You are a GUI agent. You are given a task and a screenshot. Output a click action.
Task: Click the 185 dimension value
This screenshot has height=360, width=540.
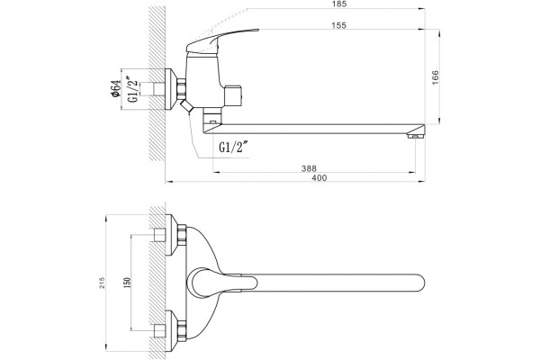click(339, 4)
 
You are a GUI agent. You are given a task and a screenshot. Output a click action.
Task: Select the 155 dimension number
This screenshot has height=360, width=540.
click(339, 25)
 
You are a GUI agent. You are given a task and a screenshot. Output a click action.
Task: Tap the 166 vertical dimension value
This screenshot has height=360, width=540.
click(436, 77)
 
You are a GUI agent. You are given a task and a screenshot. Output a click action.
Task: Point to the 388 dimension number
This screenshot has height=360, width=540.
click(309, 168)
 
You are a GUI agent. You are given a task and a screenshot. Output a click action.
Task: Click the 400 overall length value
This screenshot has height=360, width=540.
click(319, 178)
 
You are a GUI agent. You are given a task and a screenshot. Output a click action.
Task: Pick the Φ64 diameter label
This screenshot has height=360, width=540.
click(116, 88)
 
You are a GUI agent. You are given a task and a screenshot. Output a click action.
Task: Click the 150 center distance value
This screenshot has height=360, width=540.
click(127, 283)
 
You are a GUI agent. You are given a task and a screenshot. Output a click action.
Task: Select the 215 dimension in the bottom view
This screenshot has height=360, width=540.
click(103, 283)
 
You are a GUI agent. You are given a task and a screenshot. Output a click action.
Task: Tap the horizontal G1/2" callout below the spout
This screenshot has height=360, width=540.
click(234, 148)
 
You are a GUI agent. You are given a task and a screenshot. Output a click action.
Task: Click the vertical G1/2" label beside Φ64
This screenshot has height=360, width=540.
click(133, 89)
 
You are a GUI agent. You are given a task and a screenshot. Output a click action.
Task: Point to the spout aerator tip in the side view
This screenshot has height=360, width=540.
click(416, 137)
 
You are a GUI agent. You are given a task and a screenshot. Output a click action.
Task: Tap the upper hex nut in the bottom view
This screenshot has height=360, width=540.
click(182, 235)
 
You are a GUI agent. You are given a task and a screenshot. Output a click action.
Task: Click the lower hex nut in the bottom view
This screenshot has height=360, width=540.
click(182, 330)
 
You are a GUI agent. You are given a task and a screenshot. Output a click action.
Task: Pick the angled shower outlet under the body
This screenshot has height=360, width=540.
click(186, 106)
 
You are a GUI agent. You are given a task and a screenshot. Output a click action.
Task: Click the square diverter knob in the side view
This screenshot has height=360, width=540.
click(233, 95)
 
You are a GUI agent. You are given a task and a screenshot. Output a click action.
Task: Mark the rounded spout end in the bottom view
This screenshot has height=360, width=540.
click(418, 283)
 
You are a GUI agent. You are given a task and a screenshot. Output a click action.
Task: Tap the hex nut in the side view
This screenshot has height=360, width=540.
click(182, 89)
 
